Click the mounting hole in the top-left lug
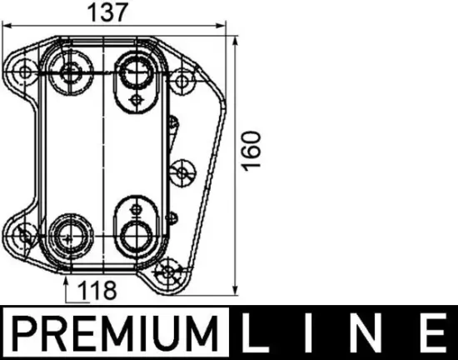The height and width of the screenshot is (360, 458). point(25,71)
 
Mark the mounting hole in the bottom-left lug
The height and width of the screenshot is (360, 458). point(26,234)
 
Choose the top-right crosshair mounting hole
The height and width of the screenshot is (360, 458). point(182,81)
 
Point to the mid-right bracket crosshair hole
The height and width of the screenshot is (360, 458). point(180,172)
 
